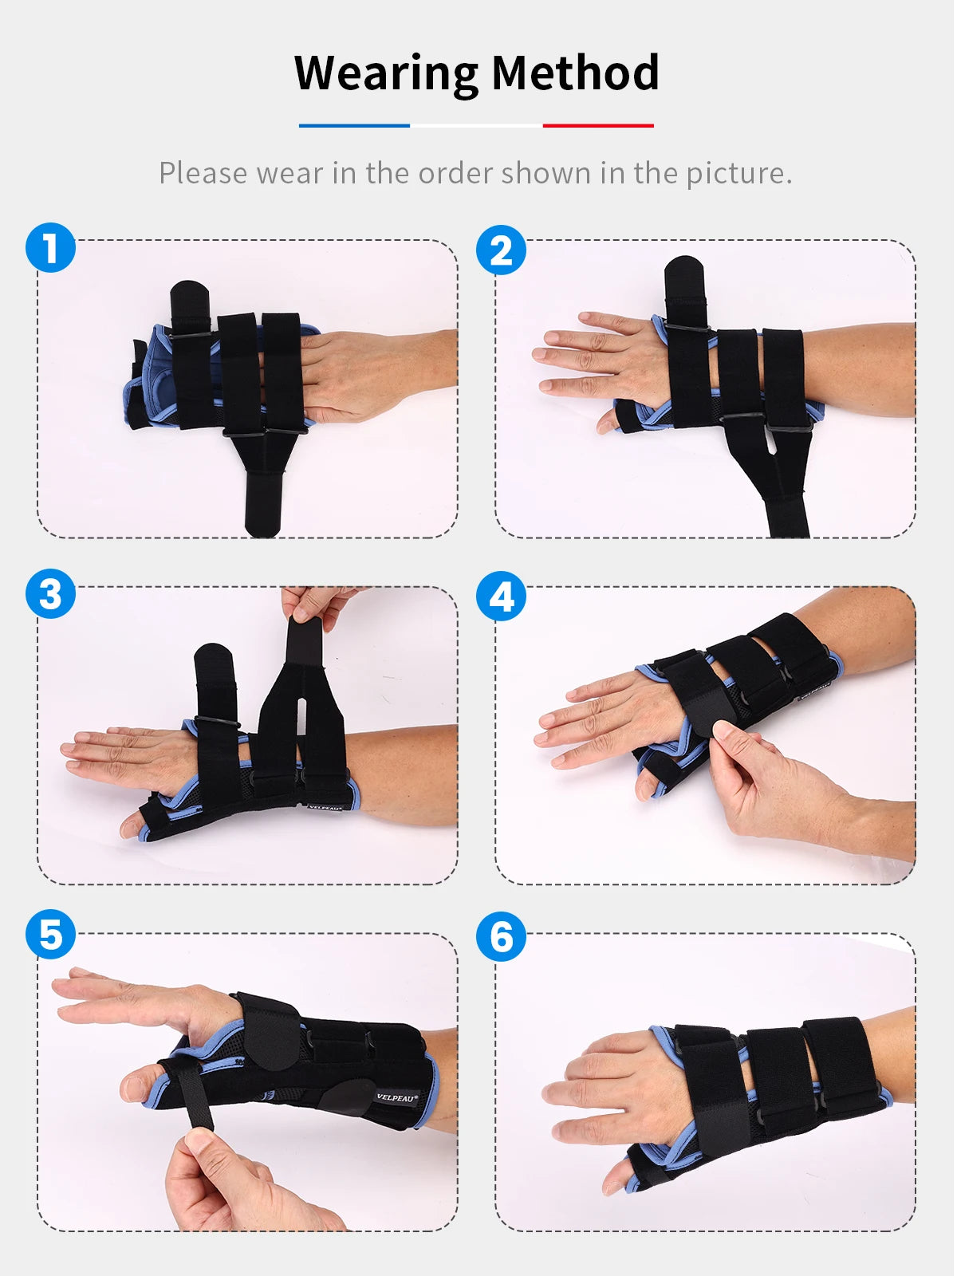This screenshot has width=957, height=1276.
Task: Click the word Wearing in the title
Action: [x=387, y=74]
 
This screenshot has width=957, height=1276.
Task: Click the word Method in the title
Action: [x=575, y=73]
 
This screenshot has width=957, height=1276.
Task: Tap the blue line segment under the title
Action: [x=354, y=125]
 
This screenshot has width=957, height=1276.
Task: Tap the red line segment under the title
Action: [x=598, y=125]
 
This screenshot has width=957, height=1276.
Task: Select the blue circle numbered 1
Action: [x=50, y=248]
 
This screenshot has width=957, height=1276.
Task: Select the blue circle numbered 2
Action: [x=501, y=250]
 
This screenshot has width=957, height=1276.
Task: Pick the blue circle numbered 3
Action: [x=50, y=593]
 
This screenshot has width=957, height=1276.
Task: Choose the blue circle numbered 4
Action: [x=501, y=596]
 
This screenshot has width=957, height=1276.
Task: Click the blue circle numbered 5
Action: [x=50, y=934]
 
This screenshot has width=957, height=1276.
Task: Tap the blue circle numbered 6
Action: [x=501, y=936]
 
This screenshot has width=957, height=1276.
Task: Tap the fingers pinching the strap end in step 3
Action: [x=317, y=605]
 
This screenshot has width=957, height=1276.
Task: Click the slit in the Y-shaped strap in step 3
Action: [x=301, y=721]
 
